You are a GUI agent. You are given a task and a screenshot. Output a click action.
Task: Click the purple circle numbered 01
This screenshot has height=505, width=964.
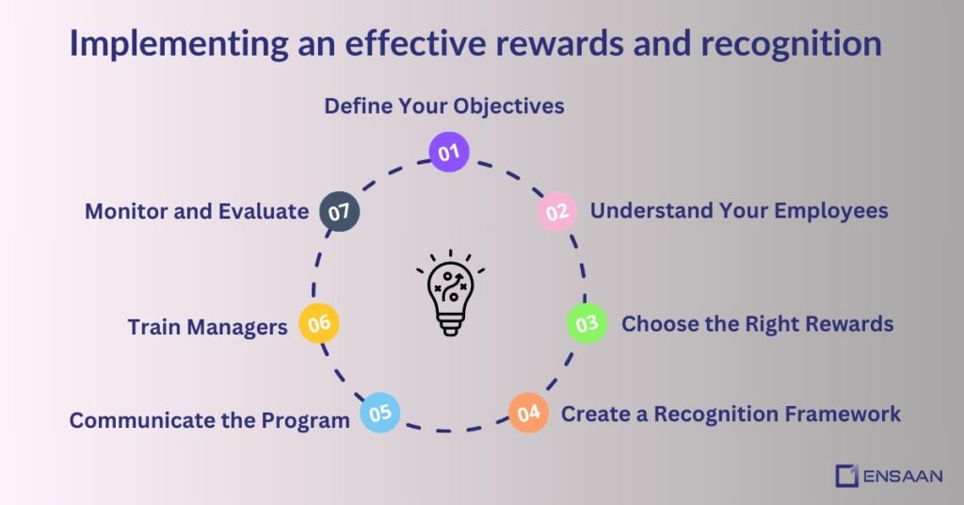(x=448, y=152)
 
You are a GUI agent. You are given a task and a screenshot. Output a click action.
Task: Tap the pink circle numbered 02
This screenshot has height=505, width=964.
(x=557, y=212)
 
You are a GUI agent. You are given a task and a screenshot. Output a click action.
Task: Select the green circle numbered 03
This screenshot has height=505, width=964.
(x=586, y=324)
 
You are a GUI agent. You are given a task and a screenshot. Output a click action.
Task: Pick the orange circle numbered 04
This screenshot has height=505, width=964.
(x=528, y=413)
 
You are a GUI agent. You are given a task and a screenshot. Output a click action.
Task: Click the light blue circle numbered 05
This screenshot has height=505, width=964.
(x=380, y=413)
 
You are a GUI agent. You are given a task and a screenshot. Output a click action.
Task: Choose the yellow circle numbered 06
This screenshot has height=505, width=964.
(x=319, y=323)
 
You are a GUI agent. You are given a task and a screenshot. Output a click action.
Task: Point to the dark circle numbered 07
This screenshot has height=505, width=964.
(x=339, y=211)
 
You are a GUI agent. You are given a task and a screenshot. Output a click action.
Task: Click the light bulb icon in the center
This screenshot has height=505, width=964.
(x=451, y=292)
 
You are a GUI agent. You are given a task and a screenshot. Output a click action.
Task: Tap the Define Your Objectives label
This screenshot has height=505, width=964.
(x=444, y=106)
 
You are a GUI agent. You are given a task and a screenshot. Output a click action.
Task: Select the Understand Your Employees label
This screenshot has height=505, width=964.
(x=739, y=210)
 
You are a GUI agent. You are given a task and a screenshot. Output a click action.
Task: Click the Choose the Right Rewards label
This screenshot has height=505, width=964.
(x=757, y=324)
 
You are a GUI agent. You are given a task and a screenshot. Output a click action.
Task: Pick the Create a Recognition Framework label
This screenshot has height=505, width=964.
(x=731, y=414)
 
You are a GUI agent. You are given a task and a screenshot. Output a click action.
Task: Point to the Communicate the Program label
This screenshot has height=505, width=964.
(x=209, y=420)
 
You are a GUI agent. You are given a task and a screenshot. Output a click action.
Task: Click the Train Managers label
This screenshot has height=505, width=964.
(x=207, y=327)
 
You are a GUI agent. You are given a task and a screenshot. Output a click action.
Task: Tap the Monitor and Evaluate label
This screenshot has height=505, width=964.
(x=197, y=211)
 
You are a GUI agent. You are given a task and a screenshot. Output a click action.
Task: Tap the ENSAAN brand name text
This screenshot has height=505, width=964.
(x=902, y=476)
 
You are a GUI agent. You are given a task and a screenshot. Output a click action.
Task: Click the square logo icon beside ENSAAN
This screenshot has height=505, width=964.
(x=846, y=476)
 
